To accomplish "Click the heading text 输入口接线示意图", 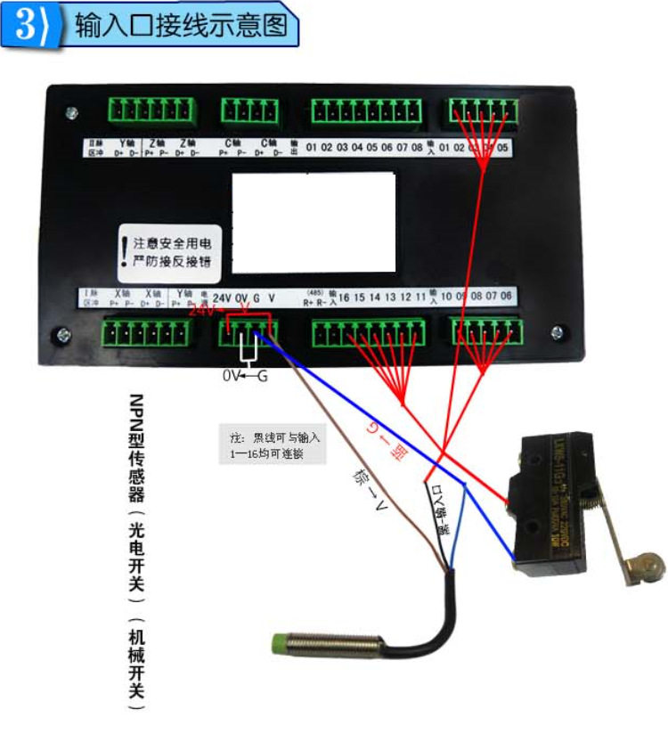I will point(183,26).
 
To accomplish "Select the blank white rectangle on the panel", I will point(313,222).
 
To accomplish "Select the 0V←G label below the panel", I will point(245,376).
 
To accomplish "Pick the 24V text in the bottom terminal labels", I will point(223,297).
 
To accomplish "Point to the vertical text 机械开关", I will point(135,663).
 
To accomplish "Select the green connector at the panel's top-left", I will point(151,110).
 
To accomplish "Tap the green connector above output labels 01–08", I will point(368,110).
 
